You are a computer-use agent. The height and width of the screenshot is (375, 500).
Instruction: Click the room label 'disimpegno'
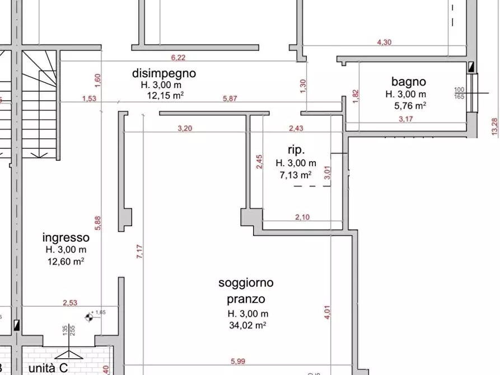click(164, 73)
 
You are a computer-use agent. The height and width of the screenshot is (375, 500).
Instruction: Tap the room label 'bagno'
click(409, 82)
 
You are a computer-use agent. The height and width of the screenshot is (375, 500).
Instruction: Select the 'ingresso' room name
click(65, 237)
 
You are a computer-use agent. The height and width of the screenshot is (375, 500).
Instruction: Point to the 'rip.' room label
click(296, 150)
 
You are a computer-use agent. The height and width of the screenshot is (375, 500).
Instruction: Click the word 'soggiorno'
click(246, 283)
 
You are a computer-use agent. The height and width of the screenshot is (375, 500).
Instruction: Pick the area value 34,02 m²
click(247, 325)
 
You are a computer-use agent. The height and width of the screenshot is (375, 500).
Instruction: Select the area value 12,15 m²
click(165, 96)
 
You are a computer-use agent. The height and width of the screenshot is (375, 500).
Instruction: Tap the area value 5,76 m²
click(410, 105)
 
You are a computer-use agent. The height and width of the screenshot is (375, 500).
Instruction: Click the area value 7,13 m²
click(295, 175)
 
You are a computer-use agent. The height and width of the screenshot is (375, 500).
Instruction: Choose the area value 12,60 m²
click(66, 260)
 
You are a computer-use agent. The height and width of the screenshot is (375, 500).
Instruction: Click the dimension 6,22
click(177, 57)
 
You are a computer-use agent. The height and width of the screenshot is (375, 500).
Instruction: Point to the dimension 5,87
click(231, 99)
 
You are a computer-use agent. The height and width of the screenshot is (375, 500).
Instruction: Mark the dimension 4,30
click(385, 42)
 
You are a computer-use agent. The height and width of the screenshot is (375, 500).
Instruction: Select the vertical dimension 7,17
click(139, 251)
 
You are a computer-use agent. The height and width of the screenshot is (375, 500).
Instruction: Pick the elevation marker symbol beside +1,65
click(88, 318)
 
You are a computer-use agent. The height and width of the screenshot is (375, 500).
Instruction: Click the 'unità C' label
click(48, 368)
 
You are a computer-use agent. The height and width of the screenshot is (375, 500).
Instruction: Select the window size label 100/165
click(460, 93)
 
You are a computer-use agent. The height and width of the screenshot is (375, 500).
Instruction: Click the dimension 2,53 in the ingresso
click(70, 303)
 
